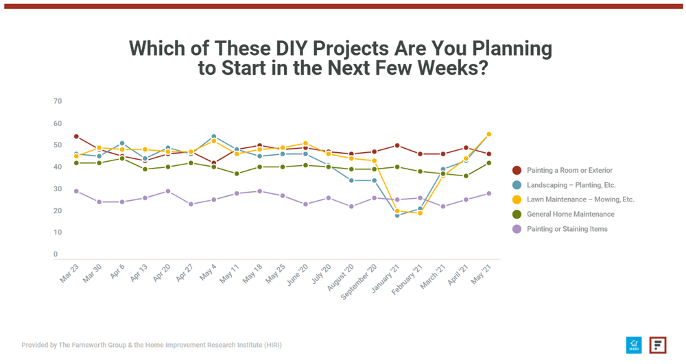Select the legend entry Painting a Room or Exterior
(x=569, y=170)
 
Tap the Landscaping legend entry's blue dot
(x=517, y=185)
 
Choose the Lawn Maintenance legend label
(x=580, y=199)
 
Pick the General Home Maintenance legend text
(x=570, y=214)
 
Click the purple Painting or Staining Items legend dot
(x=517, y=229)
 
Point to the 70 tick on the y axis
(x=58, y=101)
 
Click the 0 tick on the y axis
(x=56, y=254)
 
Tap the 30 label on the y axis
(x=58, y=189)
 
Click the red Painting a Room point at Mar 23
(x=76, y=136)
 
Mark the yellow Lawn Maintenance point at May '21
(x=488, y=134)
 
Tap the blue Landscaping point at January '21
(x=397, y=215)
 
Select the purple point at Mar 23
(x=76, y=191)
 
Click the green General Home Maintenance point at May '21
(x=488, y=163)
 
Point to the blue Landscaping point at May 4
(x=213, y=136)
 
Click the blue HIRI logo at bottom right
(x=634, y=345)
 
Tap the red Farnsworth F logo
(x=658, y=345)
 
